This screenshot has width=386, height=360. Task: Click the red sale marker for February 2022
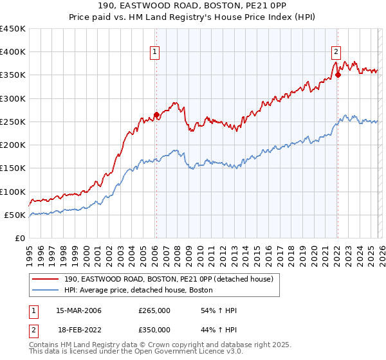pos(337,75)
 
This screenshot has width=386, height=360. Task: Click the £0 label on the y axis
pos(19,238)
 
